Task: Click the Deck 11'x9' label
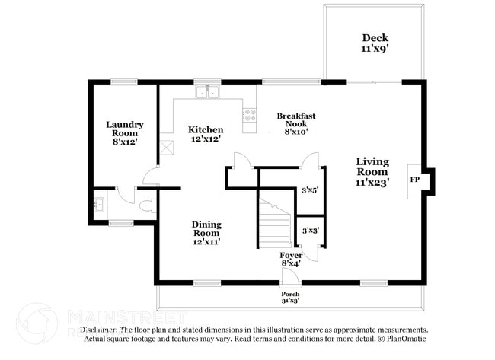pyautogui.click(x=375, y=43)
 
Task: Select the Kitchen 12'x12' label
pyautogui.click(x=206, y=134)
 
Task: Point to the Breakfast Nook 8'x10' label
pyautogui.click(x=295, y=123)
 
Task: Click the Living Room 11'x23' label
pyautogui.click(x=372, y=172)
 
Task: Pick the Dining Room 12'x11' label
pyautogui.click(x=206, y=232)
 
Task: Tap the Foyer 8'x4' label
pyautogui.click(x=290, y=259)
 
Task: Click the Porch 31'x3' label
pyautogui.click(x=289, y=298)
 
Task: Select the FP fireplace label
pyautogui.click(x=415, y=180)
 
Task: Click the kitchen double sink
pyautogui.click(x=206, y=93)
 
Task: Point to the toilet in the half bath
pyautogui.click(x=147, y=204)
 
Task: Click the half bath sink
pyautogui.click(x=99, y=204)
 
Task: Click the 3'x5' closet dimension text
pyautogui.click(x=309, y=190)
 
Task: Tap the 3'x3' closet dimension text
pyautogui.click(x=309, y=230)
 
